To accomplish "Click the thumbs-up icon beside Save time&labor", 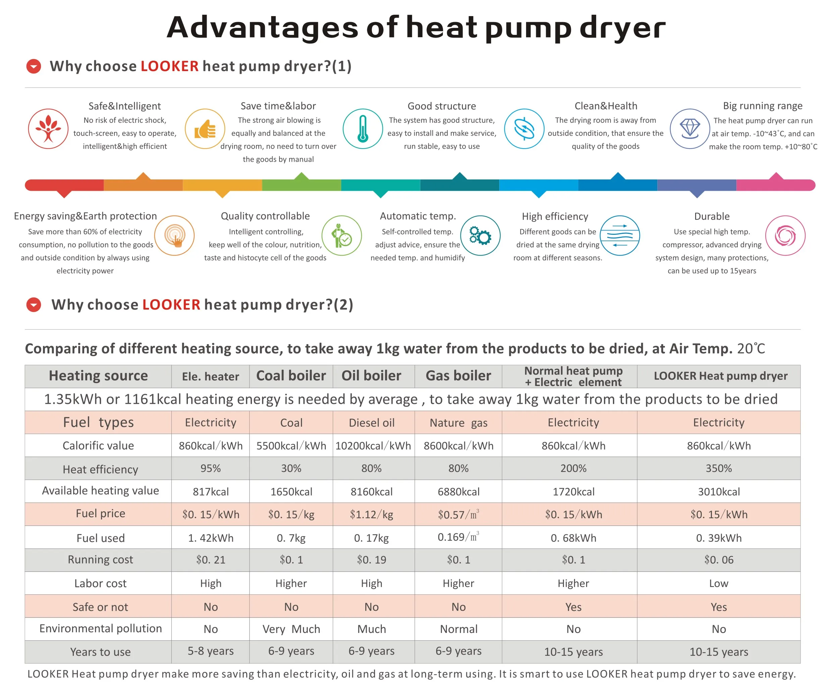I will click(205, 129).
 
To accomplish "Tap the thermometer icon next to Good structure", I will click(363, 129).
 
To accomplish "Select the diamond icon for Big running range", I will click(689, 129).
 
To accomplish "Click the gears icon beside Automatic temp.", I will click(480, 236).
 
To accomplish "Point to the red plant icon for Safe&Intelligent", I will click(48, 129).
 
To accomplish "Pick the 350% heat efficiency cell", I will click(718, 468).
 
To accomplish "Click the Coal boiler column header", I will click(291, 376).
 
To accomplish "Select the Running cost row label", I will click(100, 559).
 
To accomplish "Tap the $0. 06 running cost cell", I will click(718, 559).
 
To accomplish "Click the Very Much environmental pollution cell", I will click(291, 629).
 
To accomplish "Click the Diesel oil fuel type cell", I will click(372, 423).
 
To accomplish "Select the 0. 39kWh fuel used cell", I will click(718, 538).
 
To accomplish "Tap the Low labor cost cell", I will click(718, 583).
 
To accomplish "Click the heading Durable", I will click(712, 216).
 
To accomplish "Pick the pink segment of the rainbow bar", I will click(775, 185).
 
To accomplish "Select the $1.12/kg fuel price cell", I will click(372, 514).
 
